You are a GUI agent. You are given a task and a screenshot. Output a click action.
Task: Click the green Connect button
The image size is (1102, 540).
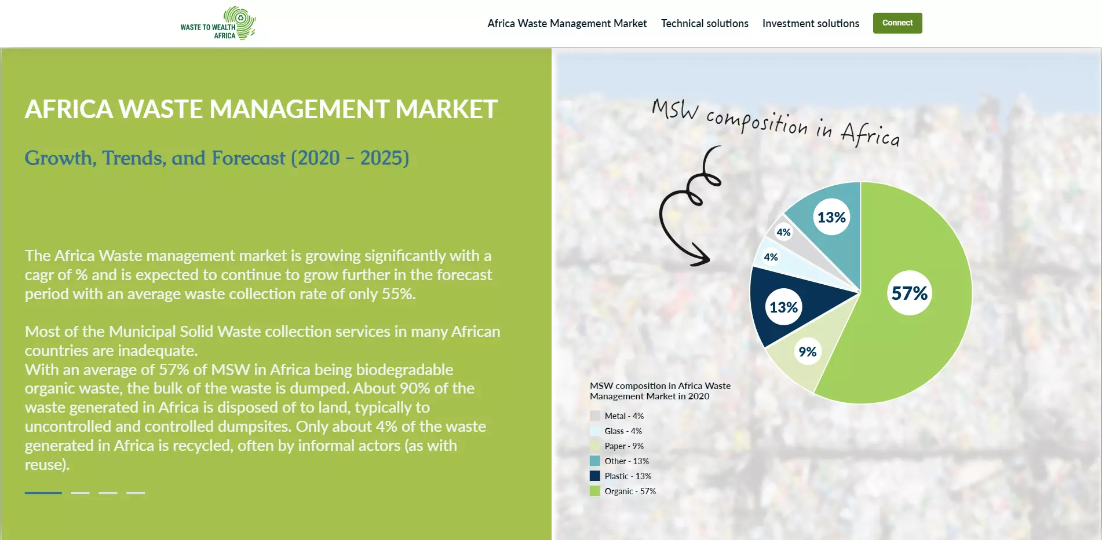897,23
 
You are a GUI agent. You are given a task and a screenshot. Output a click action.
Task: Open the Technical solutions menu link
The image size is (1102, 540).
705,24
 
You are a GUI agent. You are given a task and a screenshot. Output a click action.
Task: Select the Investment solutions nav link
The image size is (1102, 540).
811,24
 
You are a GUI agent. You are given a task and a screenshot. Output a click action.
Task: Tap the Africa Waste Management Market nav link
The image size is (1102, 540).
567,24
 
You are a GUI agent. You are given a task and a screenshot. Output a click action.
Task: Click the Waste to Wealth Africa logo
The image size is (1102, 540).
218,23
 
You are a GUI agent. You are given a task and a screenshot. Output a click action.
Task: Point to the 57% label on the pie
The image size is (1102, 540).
909,293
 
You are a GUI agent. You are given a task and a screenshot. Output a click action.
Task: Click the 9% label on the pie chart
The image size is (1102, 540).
807,351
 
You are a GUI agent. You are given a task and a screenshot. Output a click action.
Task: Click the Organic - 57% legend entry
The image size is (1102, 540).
623,491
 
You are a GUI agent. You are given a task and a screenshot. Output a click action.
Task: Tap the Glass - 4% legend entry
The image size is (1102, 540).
616,431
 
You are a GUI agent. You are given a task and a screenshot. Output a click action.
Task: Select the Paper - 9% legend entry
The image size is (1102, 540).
616,446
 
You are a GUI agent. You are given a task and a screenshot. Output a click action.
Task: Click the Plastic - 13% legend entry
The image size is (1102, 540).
621,476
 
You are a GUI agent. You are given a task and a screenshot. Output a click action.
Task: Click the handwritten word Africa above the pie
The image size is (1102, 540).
870,134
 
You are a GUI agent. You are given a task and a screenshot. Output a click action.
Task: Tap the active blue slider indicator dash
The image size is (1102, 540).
43,493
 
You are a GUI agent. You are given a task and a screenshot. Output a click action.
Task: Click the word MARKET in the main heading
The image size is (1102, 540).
447,109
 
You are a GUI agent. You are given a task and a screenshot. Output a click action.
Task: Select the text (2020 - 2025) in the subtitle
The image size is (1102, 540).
350,158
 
